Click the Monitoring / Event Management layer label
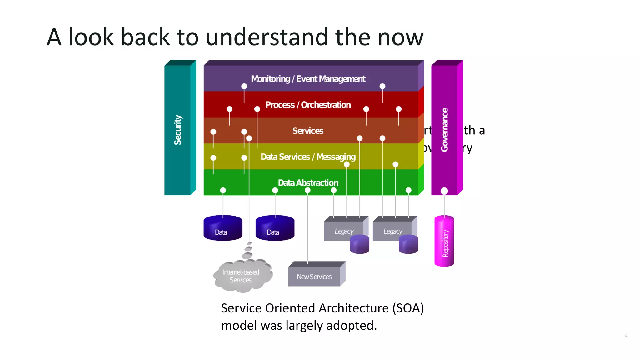[x=308, y=79]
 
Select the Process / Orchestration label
[x=308, y=105]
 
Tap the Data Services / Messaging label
[x=308, y=157]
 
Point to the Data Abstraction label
[x=308, y=182]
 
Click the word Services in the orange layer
[x=308, y=131]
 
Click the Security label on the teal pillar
[x=178, y=130]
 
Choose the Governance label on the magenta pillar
[x=444, y=130]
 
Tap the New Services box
[x=314, y=277]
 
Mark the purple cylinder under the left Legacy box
[x=360, y=244]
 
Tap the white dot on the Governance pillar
[x=444, y=191]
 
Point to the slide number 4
[x=626, y=335]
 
